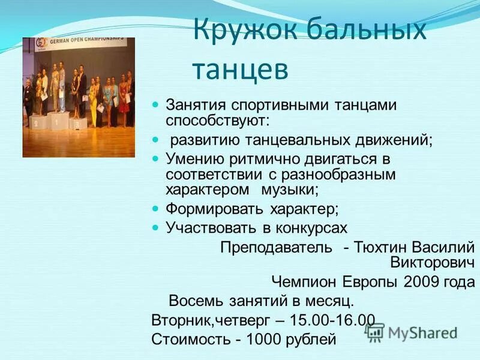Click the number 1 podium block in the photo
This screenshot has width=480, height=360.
pyautogui.click(x=59, y=122)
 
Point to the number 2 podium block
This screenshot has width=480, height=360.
pyautogui.click(x=35, y=124)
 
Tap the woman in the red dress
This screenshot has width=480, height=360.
pyautogui.click(x=124, y=99)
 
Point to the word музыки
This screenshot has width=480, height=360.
pyautogui.click(x=289, y=190)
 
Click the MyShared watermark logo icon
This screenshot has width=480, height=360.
pyautogui.click(x=375, y=332)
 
